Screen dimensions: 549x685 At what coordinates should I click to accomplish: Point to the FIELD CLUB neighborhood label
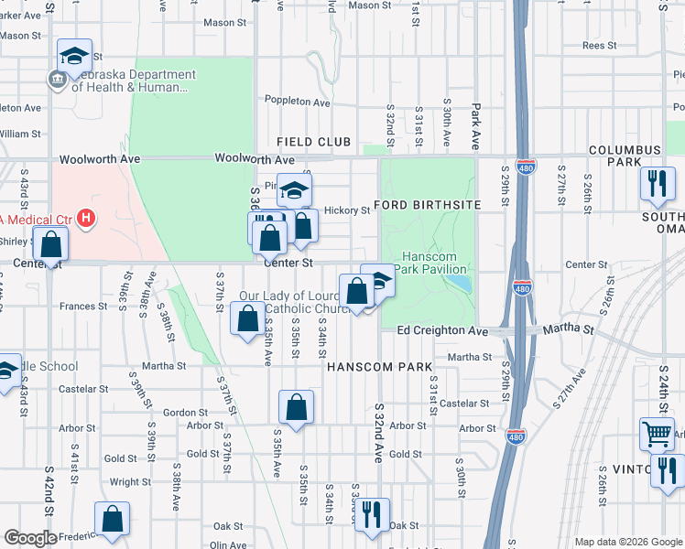click(314, 142)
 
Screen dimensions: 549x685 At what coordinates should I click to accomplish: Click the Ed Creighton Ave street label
click(442, 330)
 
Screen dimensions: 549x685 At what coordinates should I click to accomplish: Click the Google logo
click(30, 538)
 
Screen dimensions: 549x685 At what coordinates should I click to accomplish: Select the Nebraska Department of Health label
click(133, 81)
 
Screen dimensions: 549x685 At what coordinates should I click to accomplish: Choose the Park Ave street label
click(475, 116)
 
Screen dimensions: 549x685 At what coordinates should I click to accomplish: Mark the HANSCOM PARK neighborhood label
click(379, 367)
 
